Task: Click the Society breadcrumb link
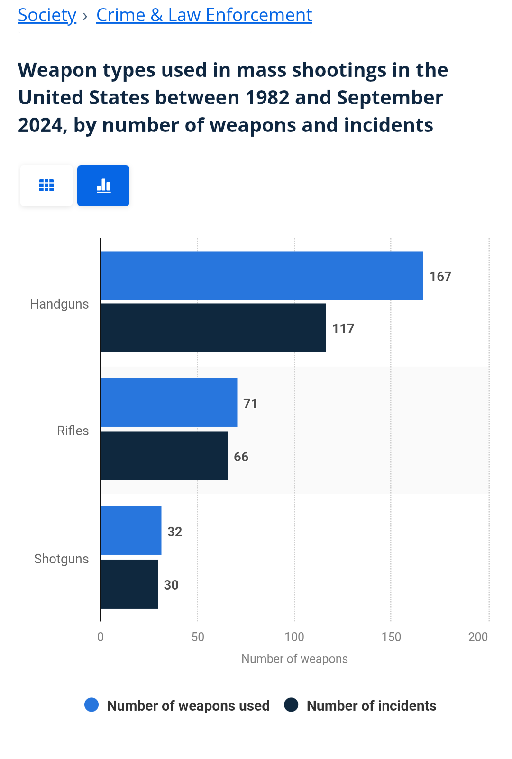47,15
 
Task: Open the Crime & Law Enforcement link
204,15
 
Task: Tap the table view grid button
46,186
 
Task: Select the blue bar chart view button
103,186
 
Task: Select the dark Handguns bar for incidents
213,328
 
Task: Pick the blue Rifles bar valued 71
169,403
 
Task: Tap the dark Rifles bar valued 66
164,456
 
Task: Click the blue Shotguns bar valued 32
131,531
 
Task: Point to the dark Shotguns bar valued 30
129,584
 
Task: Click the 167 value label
440,276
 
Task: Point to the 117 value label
343,328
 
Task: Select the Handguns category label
59,304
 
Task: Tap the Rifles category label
73,431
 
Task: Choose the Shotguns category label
62,559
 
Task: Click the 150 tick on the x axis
391,637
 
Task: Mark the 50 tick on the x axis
198,637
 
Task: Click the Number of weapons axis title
294,659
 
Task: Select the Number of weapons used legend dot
91,705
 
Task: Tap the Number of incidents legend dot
291,705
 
